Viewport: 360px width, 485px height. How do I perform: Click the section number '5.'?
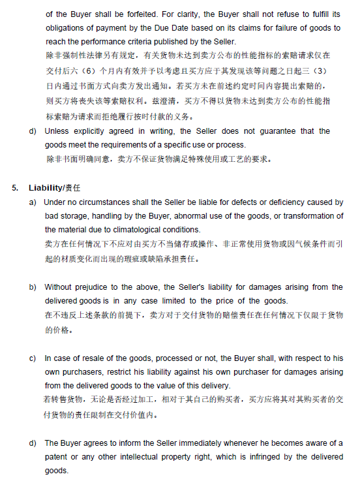15,187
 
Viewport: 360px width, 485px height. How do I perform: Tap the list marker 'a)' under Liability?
33,202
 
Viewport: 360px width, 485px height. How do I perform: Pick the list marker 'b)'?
33,287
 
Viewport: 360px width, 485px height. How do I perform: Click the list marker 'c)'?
33,358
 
